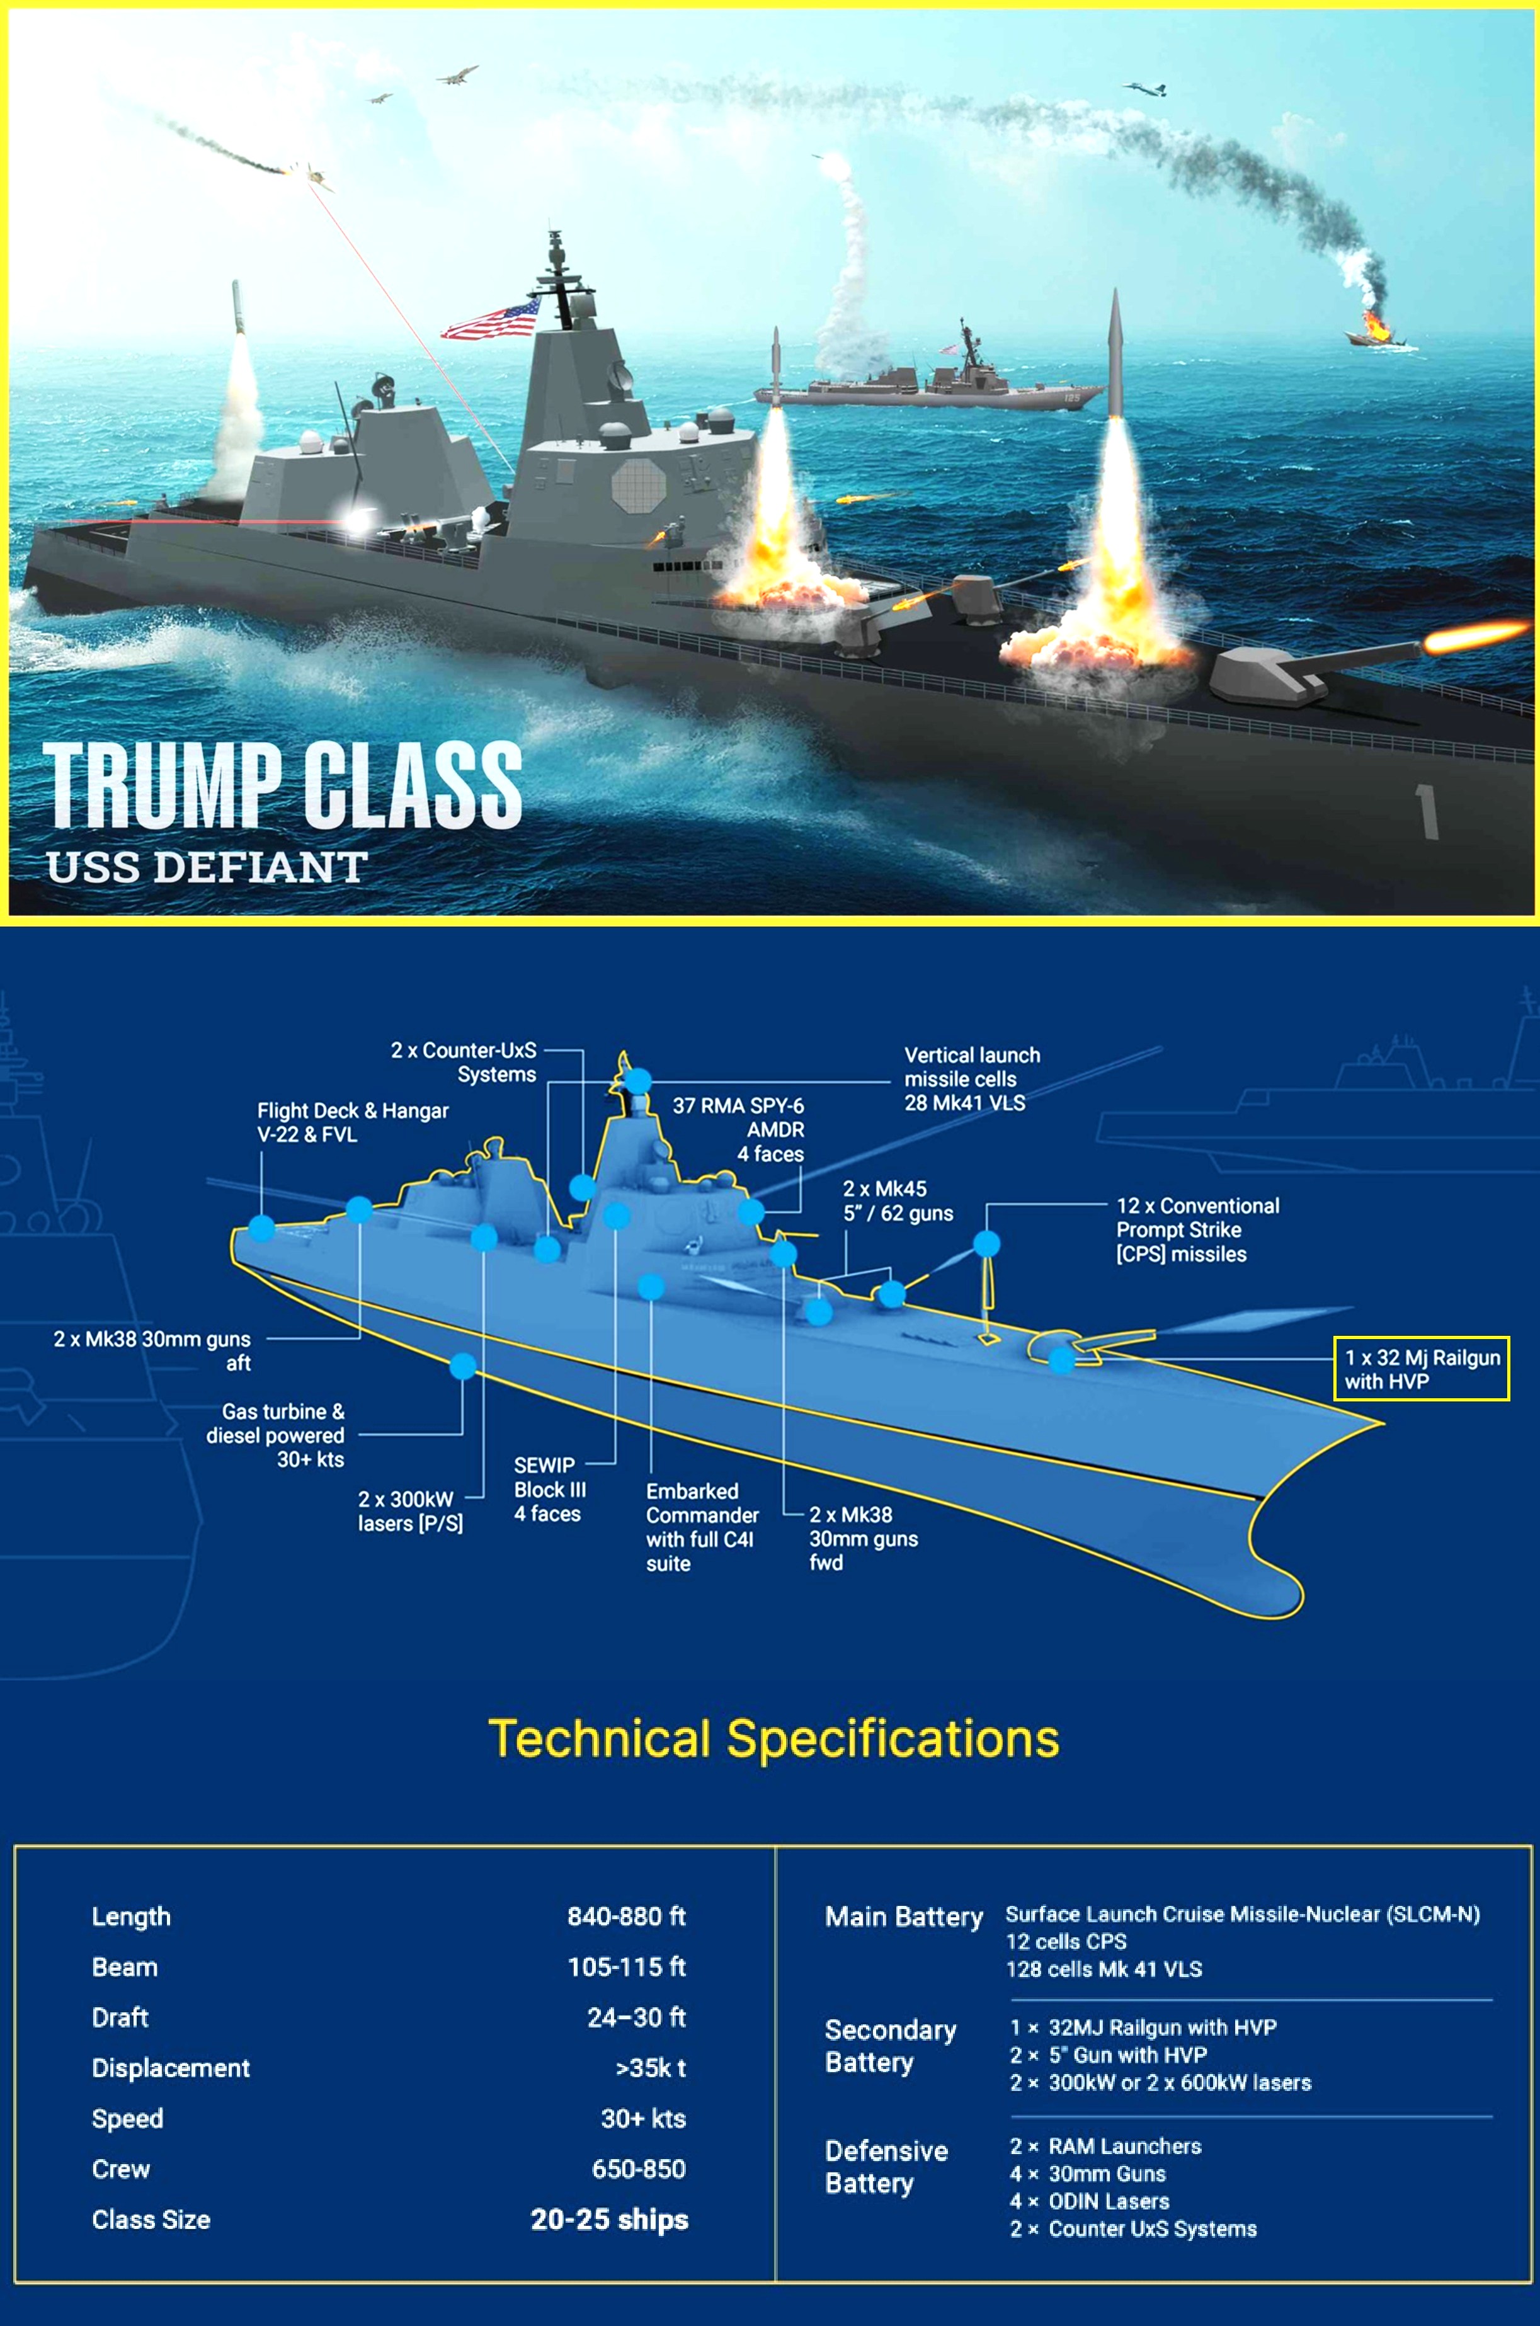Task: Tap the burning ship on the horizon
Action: [x=1375, y=329]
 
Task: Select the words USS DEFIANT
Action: [x=206, y=867]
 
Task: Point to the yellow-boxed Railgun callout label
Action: [x=1420, y=1369]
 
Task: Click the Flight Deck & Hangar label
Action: [x=351, y=1122]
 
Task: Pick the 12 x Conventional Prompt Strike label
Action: [x=1197, y=1229]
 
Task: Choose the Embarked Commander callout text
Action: [x=701, y=1527]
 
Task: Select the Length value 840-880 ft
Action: [x=625, y=1915]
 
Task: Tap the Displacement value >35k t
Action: [x=650, y=2067]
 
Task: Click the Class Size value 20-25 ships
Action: [x=609, y=2219]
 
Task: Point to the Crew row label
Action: [x=121, y=2168]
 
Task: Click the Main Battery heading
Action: [x=903, y=1917]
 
